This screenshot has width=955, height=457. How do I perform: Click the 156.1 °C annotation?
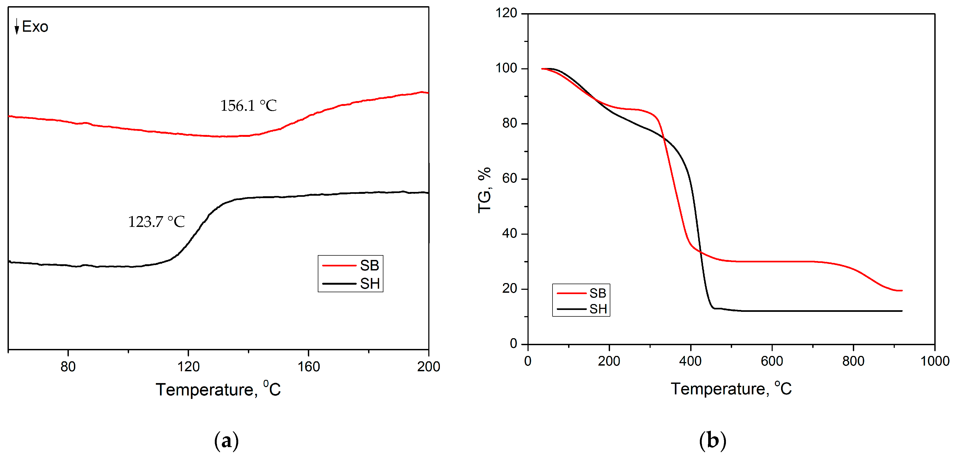[x=248, y=106]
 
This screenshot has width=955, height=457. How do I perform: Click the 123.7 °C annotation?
[x=156, y=222]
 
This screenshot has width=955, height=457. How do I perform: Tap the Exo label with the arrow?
[x=31, y=27]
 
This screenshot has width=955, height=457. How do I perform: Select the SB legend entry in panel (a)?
[x=350, y=265]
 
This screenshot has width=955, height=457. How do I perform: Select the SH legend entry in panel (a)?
[x=350, y=284]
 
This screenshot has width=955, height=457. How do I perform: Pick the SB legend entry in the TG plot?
[x=581, y=293]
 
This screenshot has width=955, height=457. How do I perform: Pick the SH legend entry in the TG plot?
[x=581, y=308]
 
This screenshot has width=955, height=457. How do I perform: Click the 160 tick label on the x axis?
[x=308, y=366]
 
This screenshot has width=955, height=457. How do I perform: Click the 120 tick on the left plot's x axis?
[x=188, y=366]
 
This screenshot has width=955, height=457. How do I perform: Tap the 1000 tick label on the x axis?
[x=935, y=361]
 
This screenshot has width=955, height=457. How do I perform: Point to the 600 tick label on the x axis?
[x=772, y=361]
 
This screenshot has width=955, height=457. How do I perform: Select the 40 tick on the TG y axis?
[x=509, y=234]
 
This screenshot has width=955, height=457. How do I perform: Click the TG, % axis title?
[x=484, y=190]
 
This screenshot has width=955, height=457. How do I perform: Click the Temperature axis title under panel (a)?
[x=218, y=389]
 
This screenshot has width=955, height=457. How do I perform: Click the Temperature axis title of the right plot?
[x=731, y=388]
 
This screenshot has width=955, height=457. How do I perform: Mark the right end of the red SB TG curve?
[x=901, y=291]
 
